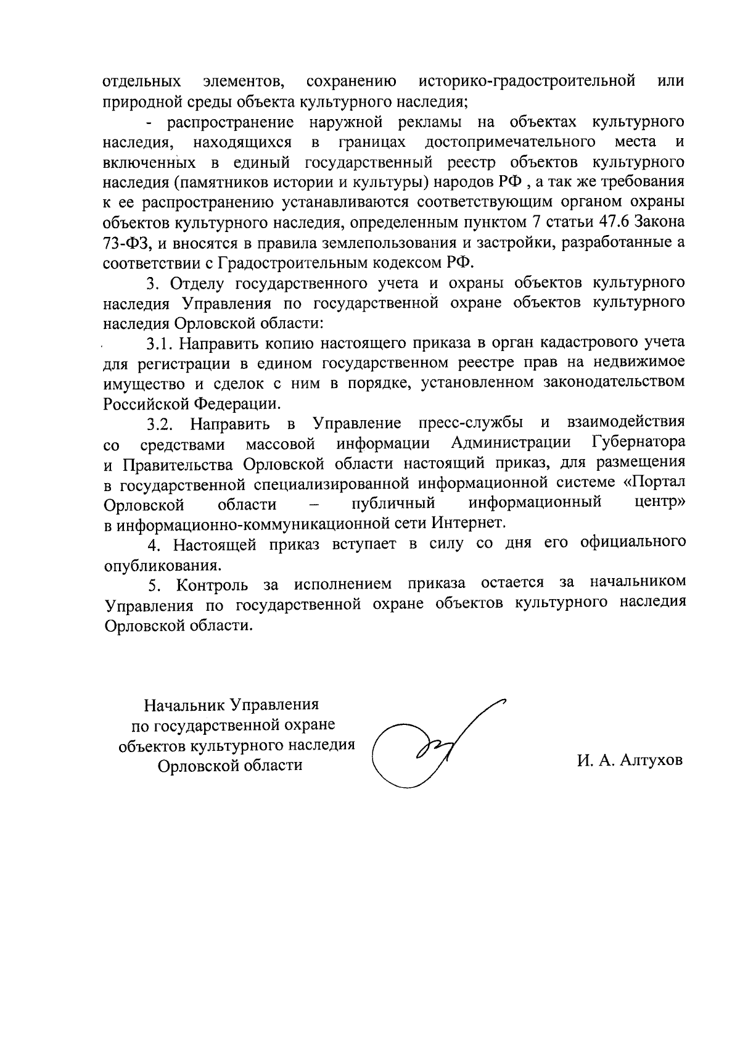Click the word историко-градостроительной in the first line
click(527, 81)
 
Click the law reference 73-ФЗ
click(124, 243)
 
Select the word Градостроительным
click(294, 263)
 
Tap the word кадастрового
click(594, 343)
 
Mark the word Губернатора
click(638, 442)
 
